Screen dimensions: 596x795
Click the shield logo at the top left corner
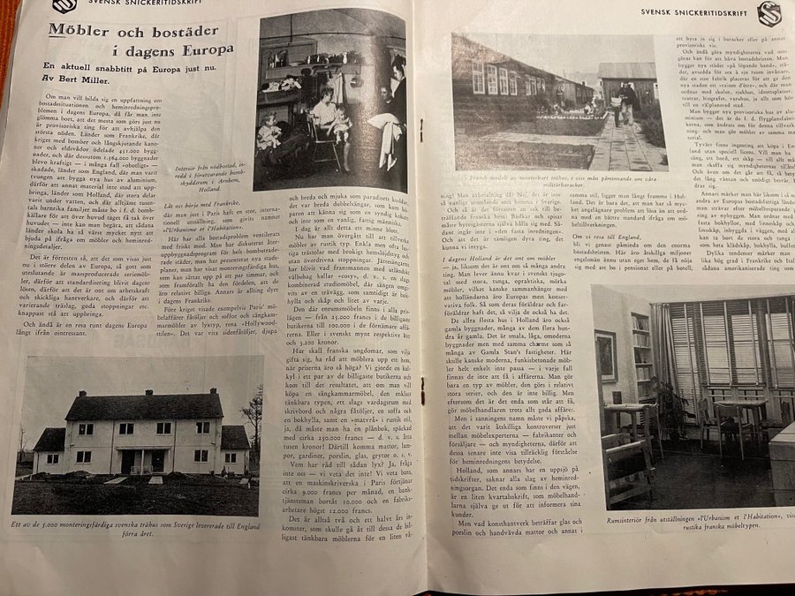[x=64, y=5]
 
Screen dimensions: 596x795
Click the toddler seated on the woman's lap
[x=339, y=122]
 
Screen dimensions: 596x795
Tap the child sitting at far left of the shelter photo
[x=265, y=132]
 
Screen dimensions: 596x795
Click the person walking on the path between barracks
[x=629, y=102]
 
